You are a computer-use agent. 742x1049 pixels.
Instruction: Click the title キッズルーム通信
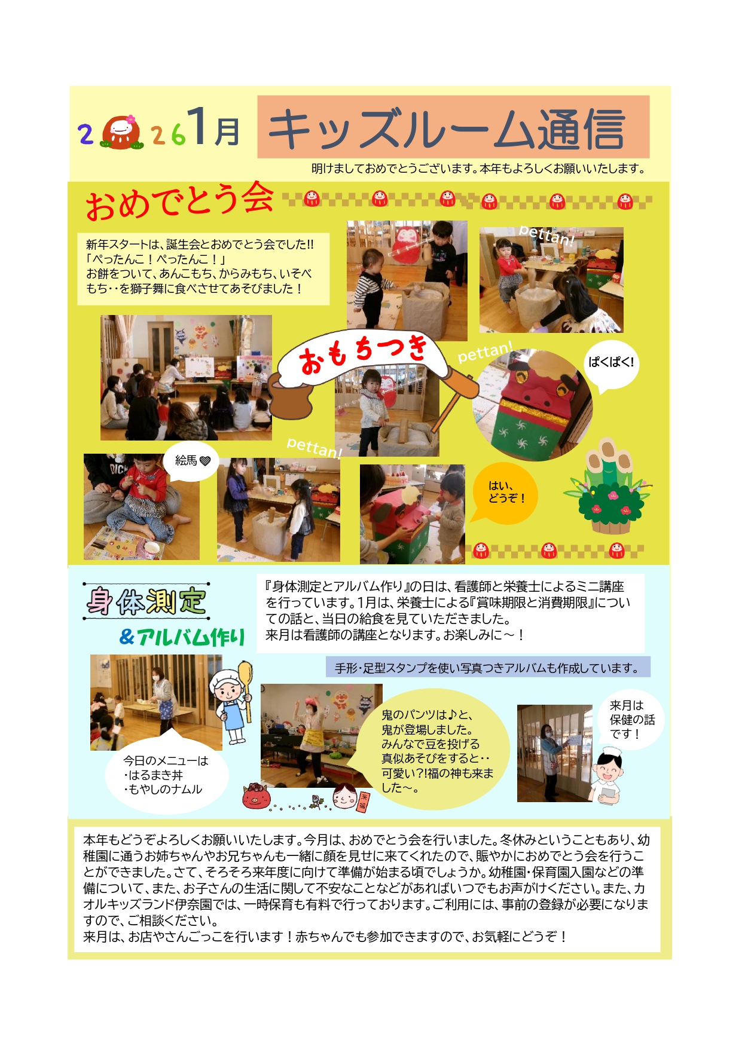pyautogui.click(x=447, y=129)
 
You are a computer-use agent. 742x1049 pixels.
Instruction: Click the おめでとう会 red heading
pyautogui.click(x=179, y=201)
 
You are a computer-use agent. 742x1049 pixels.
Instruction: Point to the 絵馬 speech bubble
pyautogui.click(x=190, y=460)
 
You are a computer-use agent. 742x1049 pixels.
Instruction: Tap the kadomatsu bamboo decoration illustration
pyautogui.click(x=606, y=486)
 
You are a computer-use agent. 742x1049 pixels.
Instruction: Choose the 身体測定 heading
pyautogui.click(x=146, y=601)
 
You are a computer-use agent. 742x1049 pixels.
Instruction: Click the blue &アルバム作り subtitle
pyautogui.click(x=182, y=637)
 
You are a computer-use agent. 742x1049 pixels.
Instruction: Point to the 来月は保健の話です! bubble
pyautogui.click(x=631, y=720)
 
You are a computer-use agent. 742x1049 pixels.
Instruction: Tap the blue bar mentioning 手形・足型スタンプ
pyautogui.click(x=488, y=668)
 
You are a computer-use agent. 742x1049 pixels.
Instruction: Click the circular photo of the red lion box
pyautogui.click(x=532, y=405)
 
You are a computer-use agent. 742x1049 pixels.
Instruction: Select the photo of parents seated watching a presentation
pyautogui.click(x=186, y=378)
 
